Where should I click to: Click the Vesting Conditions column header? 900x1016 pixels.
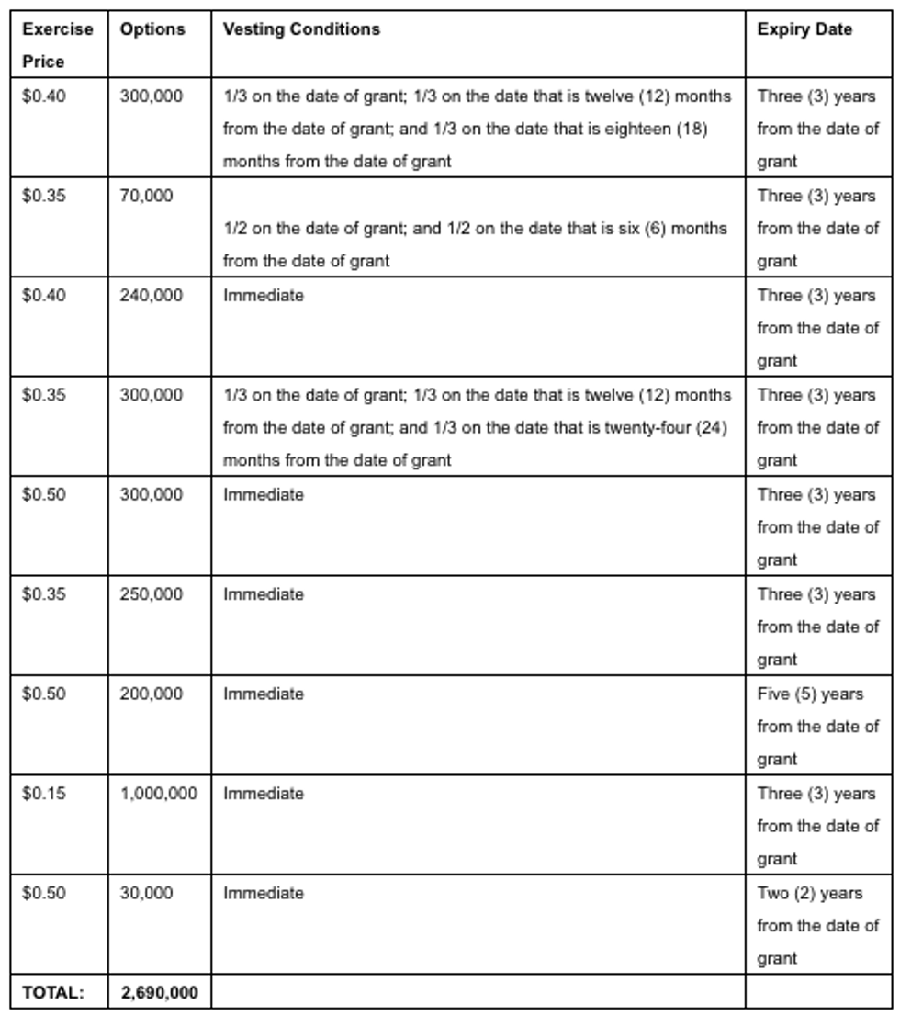tap(300, 29)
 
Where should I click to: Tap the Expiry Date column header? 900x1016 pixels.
tap(804, 29)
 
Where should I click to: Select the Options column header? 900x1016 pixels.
tap(152, 29)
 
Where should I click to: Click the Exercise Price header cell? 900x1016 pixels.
tap(58, 45)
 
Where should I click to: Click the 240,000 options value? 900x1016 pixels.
tap(152, 296)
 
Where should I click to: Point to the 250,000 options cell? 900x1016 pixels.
tap(152, 594)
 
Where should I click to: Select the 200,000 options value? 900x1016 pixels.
tap(152, 694)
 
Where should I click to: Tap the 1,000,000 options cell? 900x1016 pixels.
tap(158, 794)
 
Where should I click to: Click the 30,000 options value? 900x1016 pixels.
tap(146, 893)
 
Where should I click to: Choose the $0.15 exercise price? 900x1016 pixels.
tap(44, 794)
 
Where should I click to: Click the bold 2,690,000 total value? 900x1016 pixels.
tap(159, 992)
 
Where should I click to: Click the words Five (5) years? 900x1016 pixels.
tap(810, 694)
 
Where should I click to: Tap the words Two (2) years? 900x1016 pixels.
tap(809, 893)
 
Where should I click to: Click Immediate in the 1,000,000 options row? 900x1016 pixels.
tap(264, 794)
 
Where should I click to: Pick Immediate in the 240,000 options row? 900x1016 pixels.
tap(264, 296)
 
